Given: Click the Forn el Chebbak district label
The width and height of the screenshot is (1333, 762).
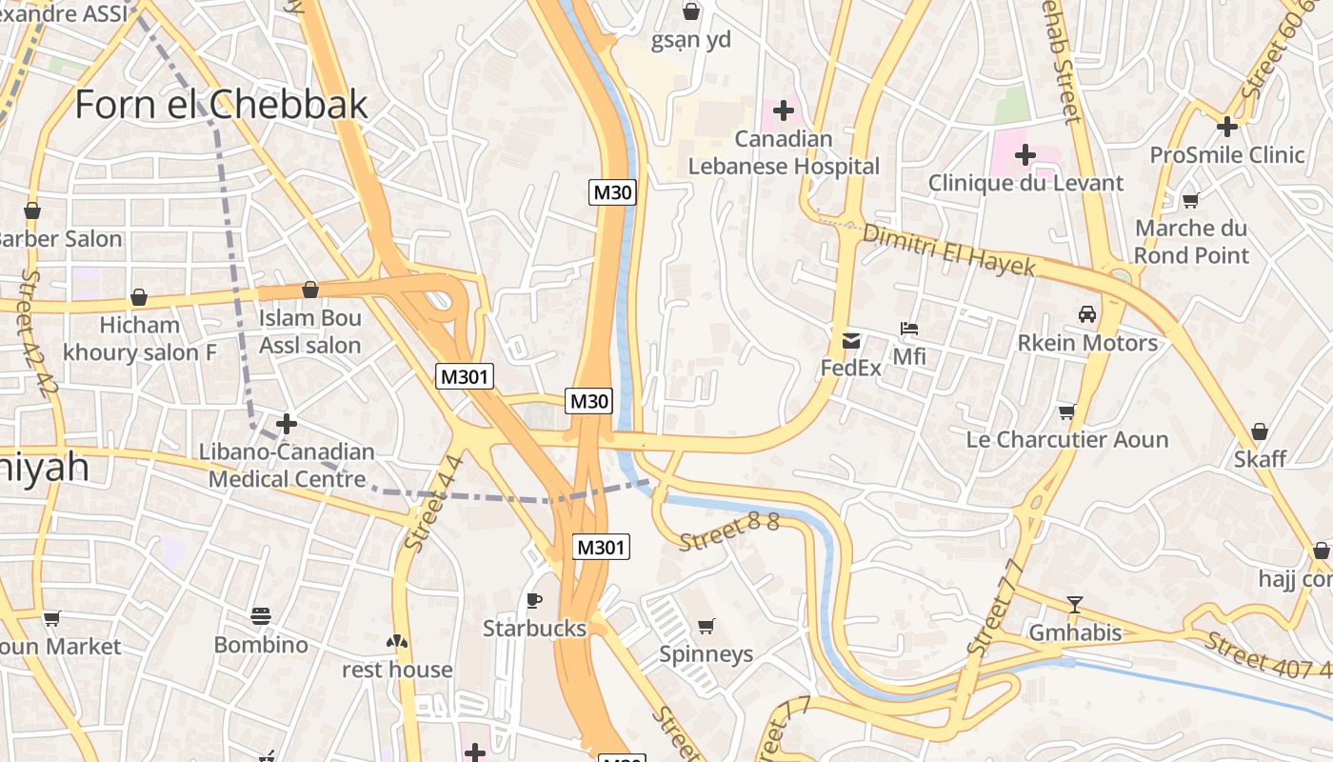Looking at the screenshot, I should click(x=221, y=104).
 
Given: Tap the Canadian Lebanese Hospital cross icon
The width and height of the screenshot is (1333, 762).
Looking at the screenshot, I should click(x=784, y=110).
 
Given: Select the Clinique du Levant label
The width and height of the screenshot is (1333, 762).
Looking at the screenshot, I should click(x=1025, y=183).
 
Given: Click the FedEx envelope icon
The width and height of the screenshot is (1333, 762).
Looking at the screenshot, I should click(x=850, y=340).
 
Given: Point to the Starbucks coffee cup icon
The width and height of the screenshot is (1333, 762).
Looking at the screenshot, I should click(x=534, y=600).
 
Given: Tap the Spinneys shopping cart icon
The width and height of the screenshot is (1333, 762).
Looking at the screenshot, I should click(x=706, y=626).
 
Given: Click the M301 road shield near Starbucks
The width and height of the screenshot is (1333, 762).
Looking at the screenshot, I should click(x=602, y=547).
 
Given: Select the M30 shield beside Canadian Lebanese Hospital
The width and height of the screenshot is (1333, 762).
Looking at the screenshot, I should click(x=612, y=192).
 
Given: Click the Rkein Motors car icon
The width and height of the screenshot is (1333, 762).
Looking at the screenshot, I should click(x=1086, y=314).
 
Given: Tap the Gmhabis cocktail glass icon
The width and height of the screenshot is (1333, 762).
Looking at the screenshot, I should click(x=1075, y=604).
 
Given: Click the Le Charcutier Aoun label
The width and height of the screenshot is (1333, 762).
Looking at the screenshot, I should click(x=1066, y=440).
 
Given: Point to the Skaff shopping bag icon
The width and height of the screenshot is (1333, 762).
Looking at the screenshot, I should click(x=1260, y=432).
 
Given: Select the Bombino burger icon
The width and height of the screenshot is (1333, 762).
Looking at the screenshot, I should click(x=261, y=616).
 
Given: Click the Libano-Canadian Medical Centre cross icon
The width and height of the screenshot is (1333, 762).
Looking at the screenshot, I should click(x=287, y=423).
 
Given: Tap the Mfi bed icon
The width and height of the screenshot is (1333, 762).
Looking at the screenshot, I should click(x=909, y=329).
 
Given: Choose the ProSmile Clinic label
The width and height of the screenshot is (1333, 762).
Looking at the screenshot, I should click(x=1226, y=155).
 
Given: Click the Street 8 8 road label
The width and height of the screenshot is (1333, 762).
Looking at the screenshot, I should click(x=729, y=531).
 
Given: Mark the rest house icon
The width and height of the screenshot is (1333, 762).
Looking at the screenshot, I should click(x=397, y=642).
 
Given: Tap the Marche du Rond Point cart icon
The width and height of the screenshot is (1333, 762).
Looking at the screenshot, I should click(x=1190, y=200).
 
